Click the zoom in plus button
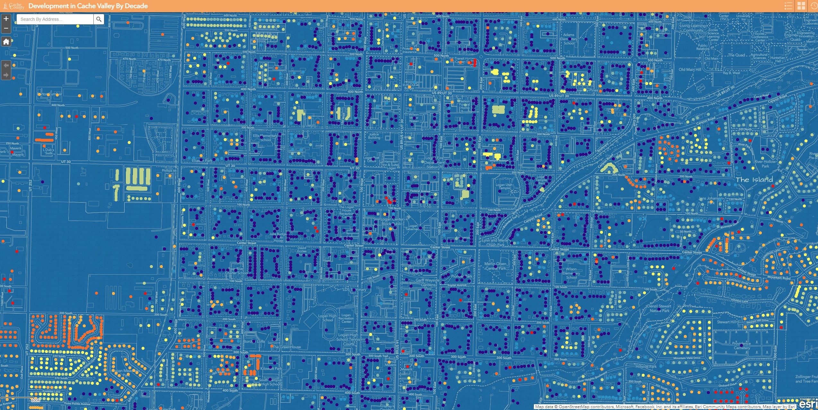(6, 19)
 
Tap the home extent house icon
(6, 42)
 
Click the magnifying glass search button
(99, 19)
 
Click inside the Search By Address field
(55, 19)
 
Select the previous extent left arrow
(6, 65)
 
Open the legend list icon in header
(788, 6)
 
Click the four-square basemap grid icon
(801, 6)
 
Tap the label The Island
(754, 180)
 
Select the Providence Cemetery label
(742, 345)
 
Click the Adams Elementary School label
(569, 39)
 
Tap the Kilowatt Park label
(271, 368)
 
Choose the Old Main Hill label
(690, 69)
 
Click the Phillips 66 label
(169, 170)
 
